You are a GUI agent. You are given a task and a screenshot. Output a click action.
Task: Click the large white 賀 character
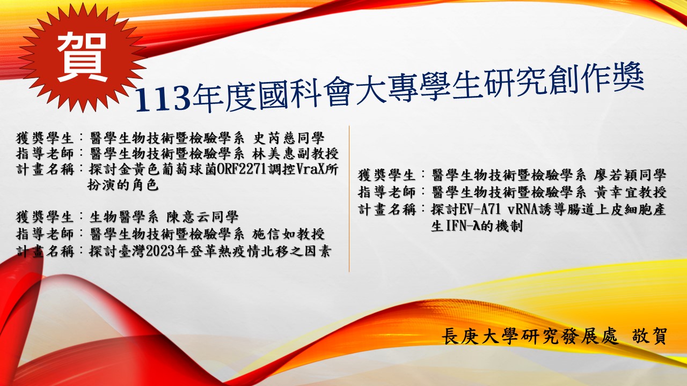pos(80,56)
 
